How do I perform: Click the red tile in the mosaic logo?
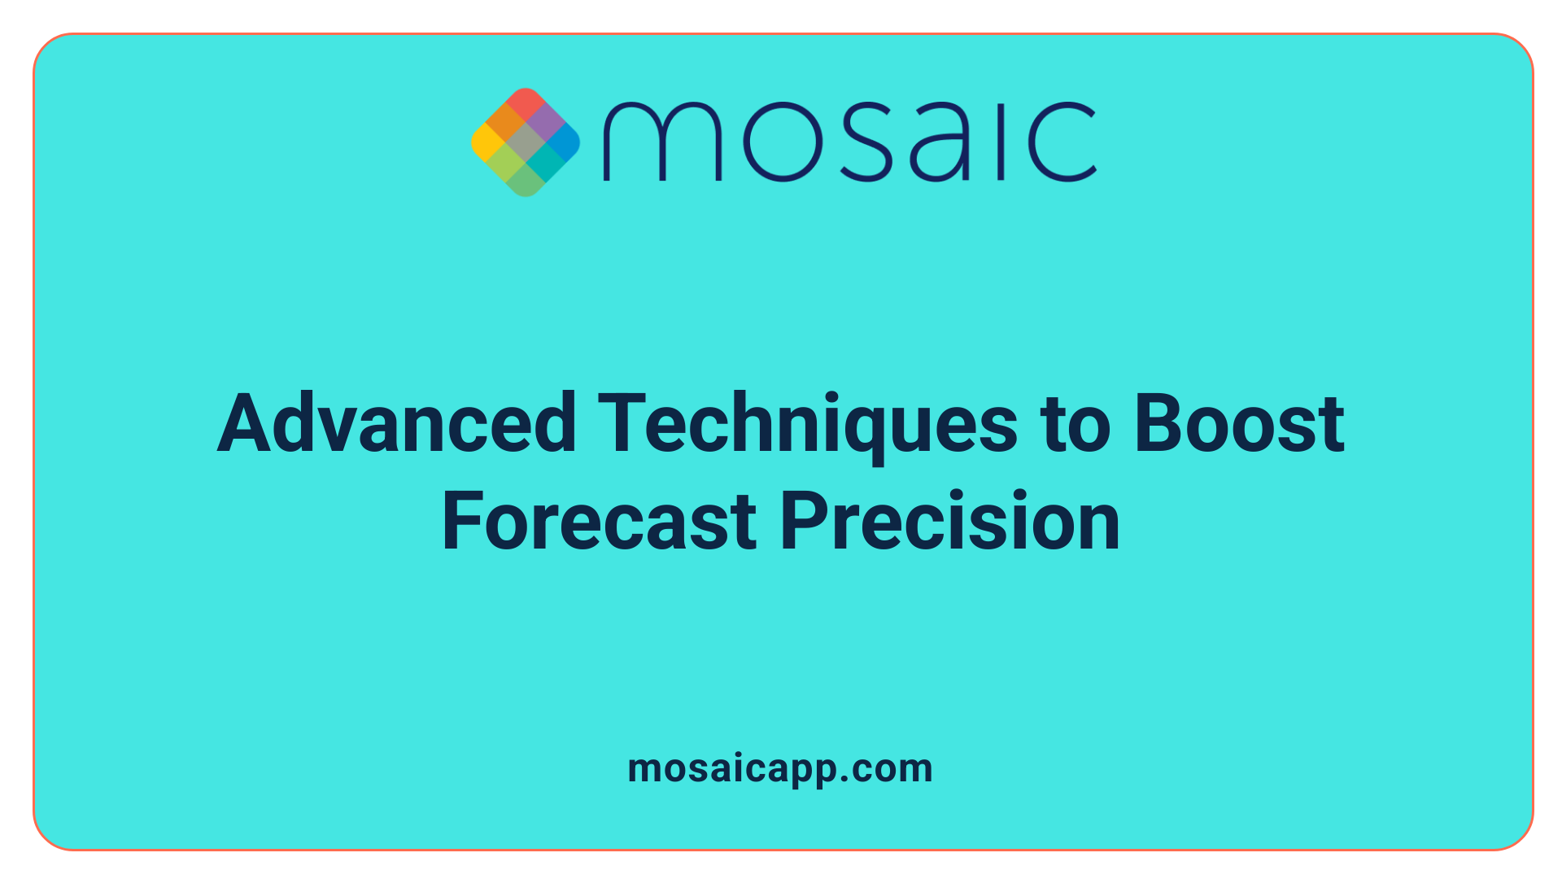(x=526, y=103)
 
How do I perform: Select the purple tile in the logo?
(x=545, y=123)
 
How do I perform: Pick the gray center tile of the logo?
(x=526, y=143)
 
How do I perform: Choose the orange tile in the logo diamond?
(x=506, y=123)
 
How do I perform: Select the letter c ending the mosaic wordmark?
(x=1062, y=142)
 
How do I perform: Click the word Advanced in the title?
(x=397, y=423)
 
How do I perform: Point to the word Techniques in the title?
(x=807, y=423)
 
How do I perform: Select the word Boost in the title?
(x=1239, y=423)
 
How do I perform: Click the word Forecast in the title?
(x=600, y=522)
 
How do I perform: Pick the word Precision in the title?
(x=950, y=522)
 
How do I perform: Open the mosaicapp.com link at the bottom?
(x=780, y=768)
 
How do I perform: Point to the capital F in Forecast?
(x=462, y=522)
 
